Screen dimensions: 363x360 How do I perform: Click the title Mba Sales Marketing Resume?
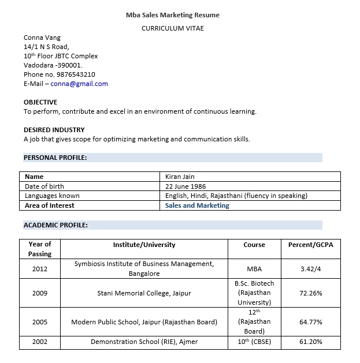[x=173, y=15]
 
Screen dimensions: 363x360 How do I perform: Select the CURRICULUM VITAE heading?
[x=173, y=28]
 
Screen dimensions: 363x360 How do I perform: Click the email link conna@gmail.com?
[x=79, y=84]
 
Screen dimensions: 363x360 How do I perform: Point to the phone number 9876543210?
[x=76, y=74]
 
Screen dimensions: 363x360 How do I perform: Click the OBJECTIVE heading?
[x=40, y=102]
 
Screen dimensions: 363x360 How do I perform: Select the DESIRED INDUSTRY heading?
[x=54, y=130]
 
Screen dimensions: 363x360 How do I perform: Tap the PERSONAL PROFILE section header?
[x=55, y=158]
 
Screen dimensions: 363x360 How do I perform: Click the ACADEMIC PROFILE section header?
[x=55, y=225]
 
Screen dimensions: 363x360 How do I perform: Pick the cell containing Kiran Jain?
[x=180, y=177]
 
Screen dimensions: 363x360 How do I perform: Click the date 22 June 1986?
[x=185, y=186]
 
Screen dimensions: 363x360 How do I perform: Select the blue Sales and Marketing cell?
[x=197, y=205]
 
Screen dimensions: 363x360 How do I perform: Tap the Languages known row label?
[x=53, y=196]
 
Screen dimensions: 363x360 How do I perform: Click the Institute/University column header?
[x=144, y=245]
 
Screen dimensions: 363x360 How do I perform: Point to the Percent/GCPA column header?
[x=311, y=245]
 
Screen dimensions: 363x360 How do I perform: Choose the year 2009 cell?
[x=40, y=293]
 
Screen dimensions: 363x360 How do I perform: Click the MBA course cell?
[x=254, y=269]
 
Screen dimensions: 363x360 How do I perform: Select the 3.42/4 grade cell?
[x=311, y=269]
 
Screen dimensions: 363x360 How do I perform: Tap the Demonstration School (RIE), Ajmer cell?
[x=144, y=342]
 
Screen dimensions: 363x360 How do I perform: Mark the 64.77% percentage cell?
[x=311, y=322]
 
